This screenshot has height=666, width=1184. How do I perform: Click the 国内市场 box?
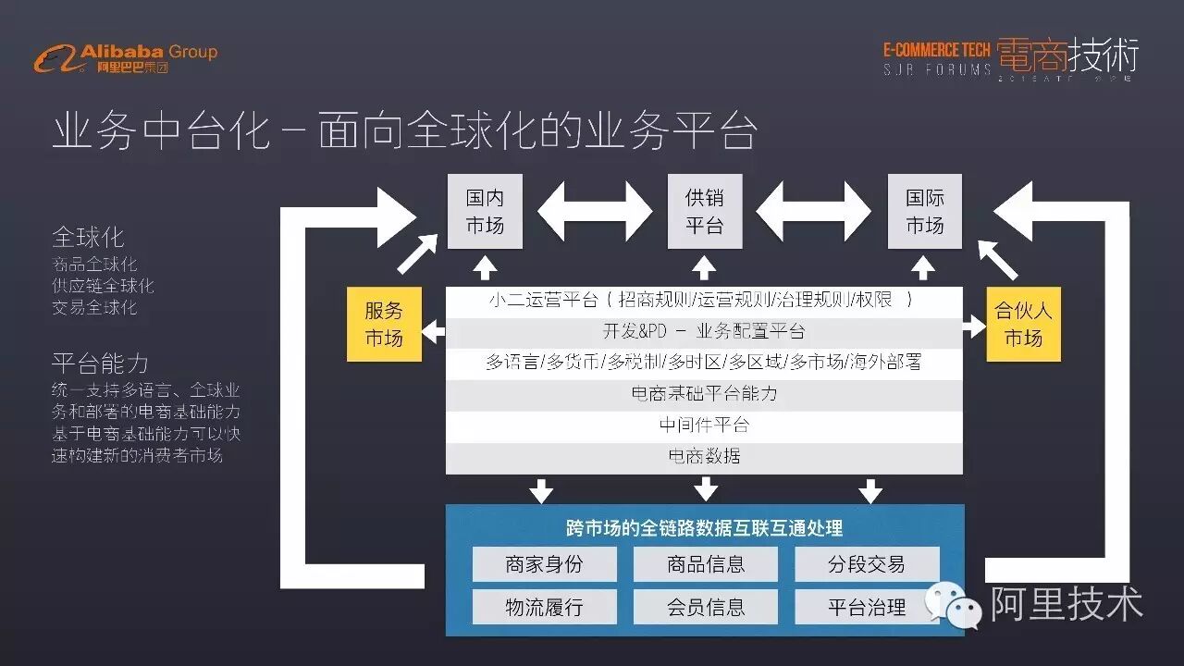pos(485,212)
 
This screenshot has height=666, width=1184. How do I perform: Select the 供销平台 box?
pos(705,212)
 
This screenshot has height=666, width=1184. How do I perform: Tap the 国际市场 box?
pos(924,212)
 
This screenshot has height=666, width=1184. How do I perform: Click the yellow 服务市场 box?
pos(384,324)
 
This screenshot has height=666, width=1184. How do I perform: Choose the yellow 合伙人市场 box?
pos(1023,324)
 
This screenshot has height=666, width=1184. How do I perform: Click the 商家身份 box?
pos(544,564)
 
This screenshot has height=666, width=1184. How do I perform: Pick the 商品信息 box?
pos(705,564)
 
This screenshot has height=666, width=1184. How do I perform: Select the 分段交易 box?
pos(866,564)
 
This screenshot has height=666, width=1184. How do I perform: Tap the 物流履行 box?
pos(544,607)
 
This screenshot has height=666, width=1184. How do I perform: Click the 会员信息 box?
pos(705,607)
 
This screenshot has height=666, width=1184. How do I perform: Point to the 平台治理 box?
pos(866,607)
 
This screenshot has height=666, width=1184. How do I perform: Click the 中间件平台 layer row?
pos(704,425)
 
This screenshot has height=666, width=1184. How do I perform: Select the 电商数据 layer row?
pos(704,457)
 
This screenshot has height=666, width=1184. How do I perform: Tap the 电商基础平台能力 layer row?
pos(704,394)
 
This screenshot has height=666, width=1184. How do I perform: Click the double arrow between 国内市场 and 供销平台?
pos(595,212)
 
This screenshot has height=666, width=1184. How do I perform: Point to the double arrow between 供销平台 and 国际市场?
pos(814,212)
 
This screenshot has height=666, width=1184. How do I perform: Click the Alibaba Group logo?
pos(126,58)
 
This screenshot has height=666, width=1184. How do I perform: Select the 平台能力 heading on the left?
pos(100,363)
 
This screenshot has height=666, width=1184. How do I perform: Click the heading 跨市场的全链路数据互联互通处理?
pos(705,528)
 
